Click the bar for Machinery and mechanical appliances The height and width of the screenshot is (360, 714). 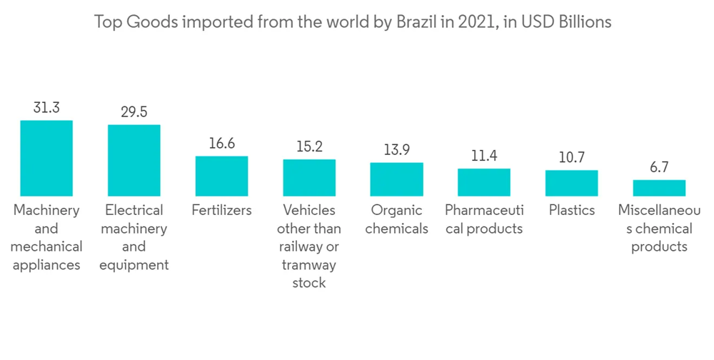pyautogui.click(x=46, y=158)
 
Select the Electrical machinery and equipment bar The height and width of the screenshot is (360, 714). pyautogui.click(x=134, y=160)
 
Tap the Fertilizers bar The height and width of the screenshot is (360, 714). pyautogui.click(x=221, y=176)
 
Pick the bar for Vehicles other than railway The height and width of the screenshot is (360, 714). pyautogui.click(x=309, y=177)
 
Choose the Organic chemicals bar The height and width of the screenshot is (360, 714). pyautogui.click(x=396, y=179)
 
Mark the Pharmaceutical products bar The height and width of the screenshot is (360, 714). pyautogui.click(x=484, y=182)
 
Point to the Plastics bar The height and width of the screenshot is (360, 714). pyautogui.click(x=571, y=183)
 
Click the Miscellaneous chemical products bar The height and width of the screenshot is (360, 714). pyautogui.click(x=659, y=188)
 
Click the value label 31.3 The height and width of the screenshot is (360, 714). pyautogui.click(x=46, y=108)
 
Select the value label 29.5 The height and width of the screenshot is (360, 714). pyautogui.click(x=134, y=112)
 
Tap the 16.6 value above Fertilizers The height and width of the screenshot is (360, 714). pyautogui.click(x=221, y=144)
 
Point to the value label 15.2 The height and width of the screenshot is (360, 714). pyautogui.click(x=309, y=147)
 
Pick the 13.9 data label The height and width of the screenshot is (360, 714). pyautogui.click(x=396, y=150)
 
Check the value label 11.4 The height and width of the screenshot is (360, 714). pyautogui.click(x=484, y=156)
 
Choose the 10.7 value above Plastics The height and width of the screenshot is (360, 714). pyautogui.click(x=571, y=158)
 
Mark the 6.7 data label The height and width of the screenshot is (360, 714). pyautogui.click(x=659, y=167)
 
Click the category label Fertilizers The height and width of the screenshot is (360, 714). pyautogui.click(x=221, y=211)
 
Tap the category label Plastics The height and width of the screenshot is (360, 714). pyautogui.click(x=571, y=211)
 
